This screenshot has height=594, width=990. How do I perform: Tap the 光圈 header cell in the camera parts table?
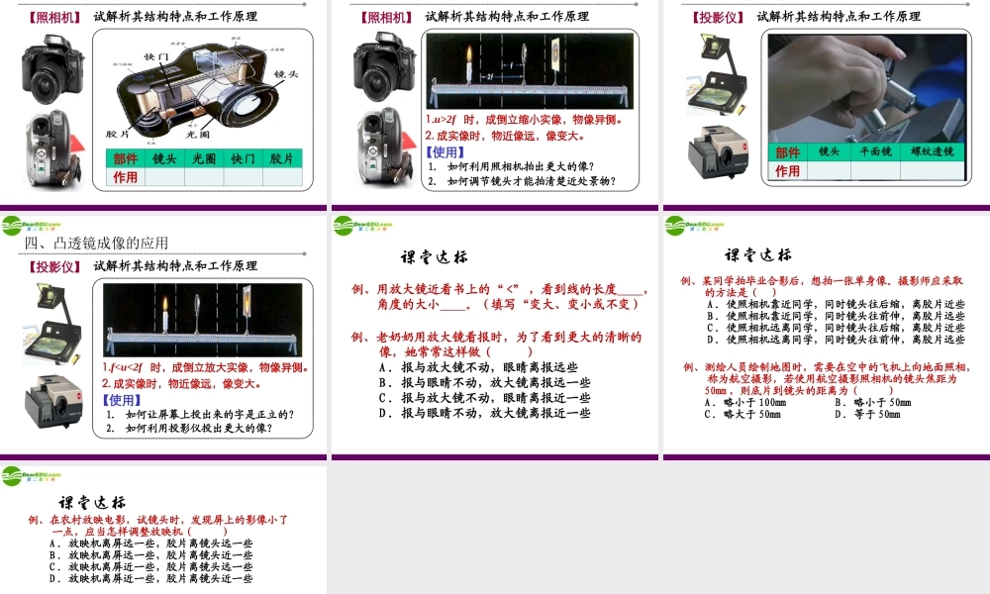tap(204, 158)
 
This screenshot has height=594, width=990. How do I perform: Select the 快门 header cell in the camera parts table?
tap(243, 158)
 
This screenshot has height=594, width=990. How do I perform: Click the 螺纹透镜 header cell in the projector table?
tap(931, 151)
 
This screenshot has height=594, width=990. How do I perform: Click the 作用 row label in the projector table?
tap(788, 170)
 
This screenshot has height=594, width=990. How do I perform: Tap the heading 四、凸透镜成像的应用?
tap(97, 243)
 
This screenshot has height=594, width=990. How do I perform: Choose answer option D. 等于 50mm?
tap(868, 414)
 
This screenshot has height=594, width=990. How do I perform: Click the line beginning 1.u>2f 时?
tap(523, 121)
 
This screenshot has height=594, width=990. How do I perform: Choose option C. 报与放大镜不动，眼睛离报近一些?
tap(485, 398)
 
